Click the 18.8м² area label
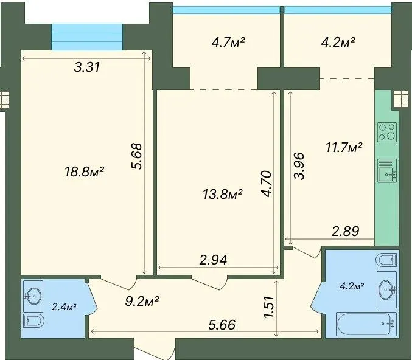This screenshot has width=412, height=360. pos(85,172)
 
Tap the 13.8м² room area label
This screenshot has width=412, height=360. pos(223,194)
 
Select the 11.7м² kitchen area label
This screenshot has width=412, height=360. pos(344,147)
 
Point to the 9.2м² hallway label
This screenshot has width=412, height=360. pos(142,302)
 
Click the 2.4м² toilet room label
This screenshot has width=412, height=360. pos(64,306)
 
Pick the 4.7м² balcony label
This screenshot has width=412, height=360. pos(228,42)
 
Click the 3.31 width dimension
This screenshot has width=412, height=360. pos(87,67)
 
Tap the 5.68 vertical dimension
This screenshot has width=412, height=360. pos(137,156)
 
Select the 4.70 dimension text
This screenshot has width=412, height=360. pos(266,184)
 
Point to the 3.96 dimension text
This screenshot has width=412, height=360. pos(299,166)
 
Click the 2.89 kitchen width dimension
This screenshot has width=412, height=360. pos(345,231)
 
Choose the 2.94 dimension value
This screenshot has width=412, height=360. pos(213,260)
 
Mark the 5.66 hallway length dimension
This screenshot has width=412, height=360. pos(222,325)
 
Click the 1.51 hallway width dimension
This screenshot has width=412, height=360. pos(269,307)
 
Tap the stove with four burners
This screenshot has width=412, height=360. pos(387,132)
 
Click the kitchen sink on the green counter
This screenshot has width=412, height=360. pos(387,170)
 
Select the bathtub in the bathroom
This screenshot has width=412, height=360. pos(366,324)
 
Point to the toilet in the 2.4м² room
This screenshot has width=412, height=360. pos(33,320)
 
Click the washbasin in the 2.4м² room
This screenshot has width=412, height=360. pos(33,296)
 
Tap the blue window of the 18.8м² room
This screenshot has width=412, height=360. pos(87,36)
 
